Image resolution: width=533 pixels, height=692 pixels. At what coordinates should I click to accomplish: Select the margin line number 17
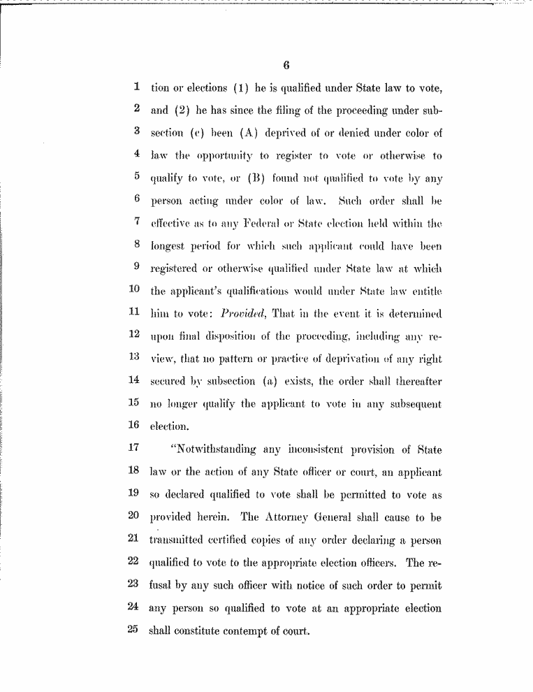pyautogui.click(x=135, y=448)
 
